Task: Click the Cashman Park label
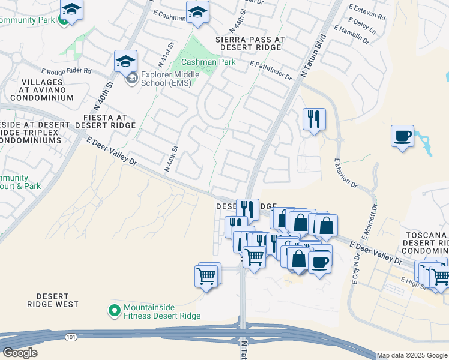tap(208, 62)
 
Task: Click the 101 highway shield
tap(72, 337)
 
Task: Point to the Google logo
tap(20, 353)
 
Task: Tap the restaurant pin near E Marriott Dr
tap(314, 119)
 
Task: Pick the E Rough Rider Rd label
tap(66, 71)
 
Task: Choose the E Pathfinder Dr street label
tap(271, 71)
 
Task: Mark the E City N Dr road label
tap(355, 268)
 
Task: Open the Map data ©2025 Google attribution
tap(412, 355)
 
